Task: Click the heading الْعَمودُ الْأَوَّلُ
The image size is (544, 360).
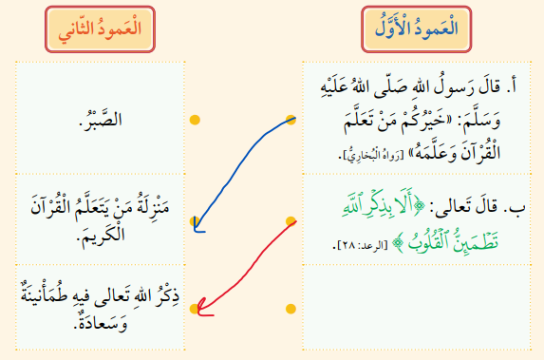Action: point(417,28)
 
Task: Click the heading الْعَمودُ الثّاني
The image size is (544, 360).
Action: point(100,29)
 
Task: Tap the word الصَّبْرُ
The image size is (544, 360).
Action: point(101,119)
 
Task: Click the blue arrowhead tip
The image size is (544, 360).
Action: point(196,231)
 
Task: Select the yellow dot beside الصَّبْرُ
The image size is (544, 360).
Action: point(195,120)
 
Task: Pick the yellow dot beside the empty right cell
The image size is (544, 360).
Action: point(291,309)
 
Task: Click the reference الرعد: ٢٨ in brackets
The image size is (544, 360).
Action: point(362,245)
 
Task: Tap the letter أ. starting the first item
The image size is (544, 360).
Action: point(512,86)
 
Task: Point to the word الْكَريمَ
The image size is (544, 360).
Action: point(101,235)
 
